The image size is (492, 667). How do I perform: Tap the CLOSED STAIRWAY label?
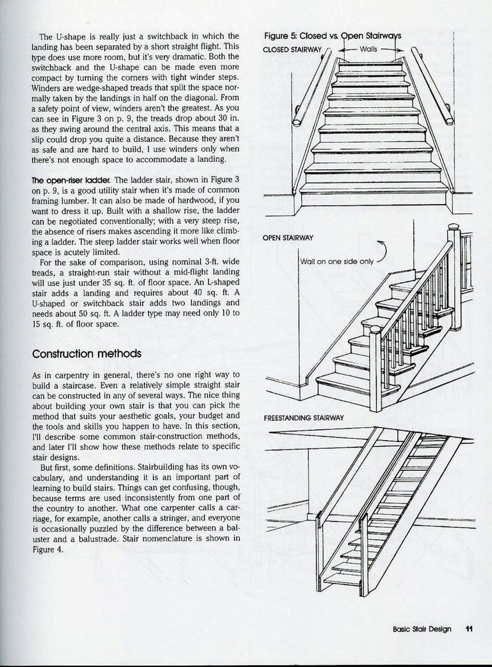click(293, 50)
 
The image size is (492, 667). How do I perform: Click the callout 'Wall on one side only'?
click(336, 261)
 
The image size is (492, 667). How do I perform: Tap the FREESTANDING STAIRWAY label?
click(303, 418)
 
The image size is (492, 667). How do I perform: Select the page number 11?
click(469, 628)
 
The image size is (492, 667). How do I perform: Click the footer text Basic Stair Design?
click(422, 628)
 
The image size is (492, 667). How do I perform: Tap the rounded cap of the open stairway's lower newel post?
click(375, 329)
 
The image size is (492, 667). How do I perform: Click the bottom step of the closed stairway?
click(373, 188)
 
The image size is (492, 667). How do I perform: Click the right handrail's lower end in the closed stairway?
click(449, 121)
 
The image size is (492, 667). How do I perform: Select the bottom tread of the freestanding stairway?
click(342, 580)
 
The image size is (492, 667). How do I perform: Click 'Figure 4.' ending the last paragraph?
click(45, 550)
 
